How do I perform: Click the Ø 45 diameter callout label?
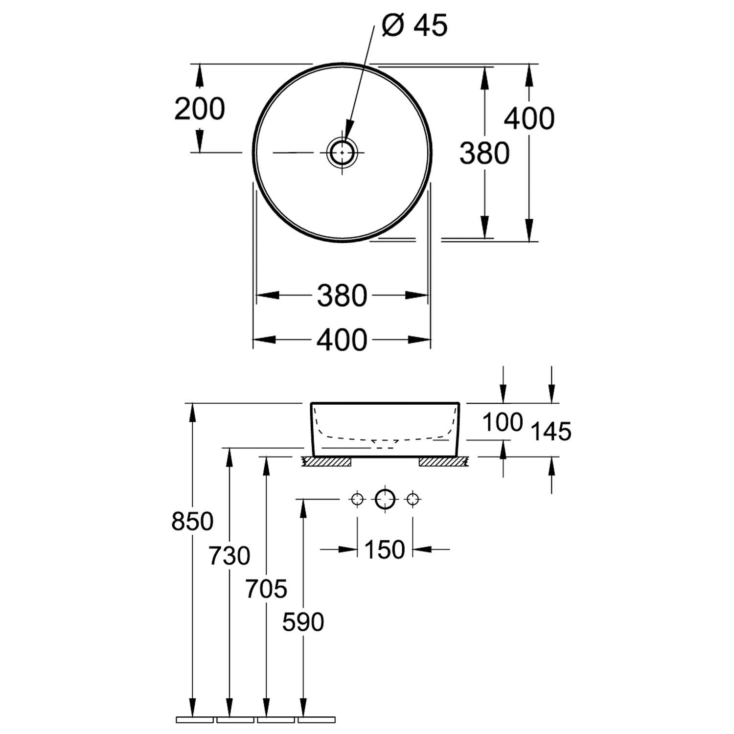pos(414,26)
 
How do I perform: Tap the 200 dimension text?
pos(200,109)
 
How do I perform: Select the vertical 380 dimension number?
pos(484,153)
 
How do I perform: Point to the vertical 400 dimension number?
pos(529,118)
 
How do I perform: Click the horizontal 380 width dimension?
pos(342,296)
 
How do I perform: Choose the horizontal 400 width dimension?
pos(342,340)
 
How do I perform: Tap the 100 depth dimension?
pos(503,422)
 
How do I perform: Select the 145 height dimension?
pos(551,432)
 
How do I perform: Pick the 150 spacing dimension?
pos(385,550)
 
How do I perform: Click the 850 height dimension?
pos(192,522)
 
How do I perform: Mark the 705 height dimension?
pos(266,589)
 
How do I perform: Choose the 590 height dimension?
pos(303,622)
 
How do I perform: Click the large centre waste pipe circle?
pos(385,500)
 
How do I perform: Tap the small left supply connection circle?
pos(357,500)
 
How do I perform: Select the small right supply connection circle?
pos(413,500)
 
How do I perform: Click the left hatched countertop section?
pos(327,461)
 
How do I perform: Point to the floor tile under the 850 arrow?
pos(195,720)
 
